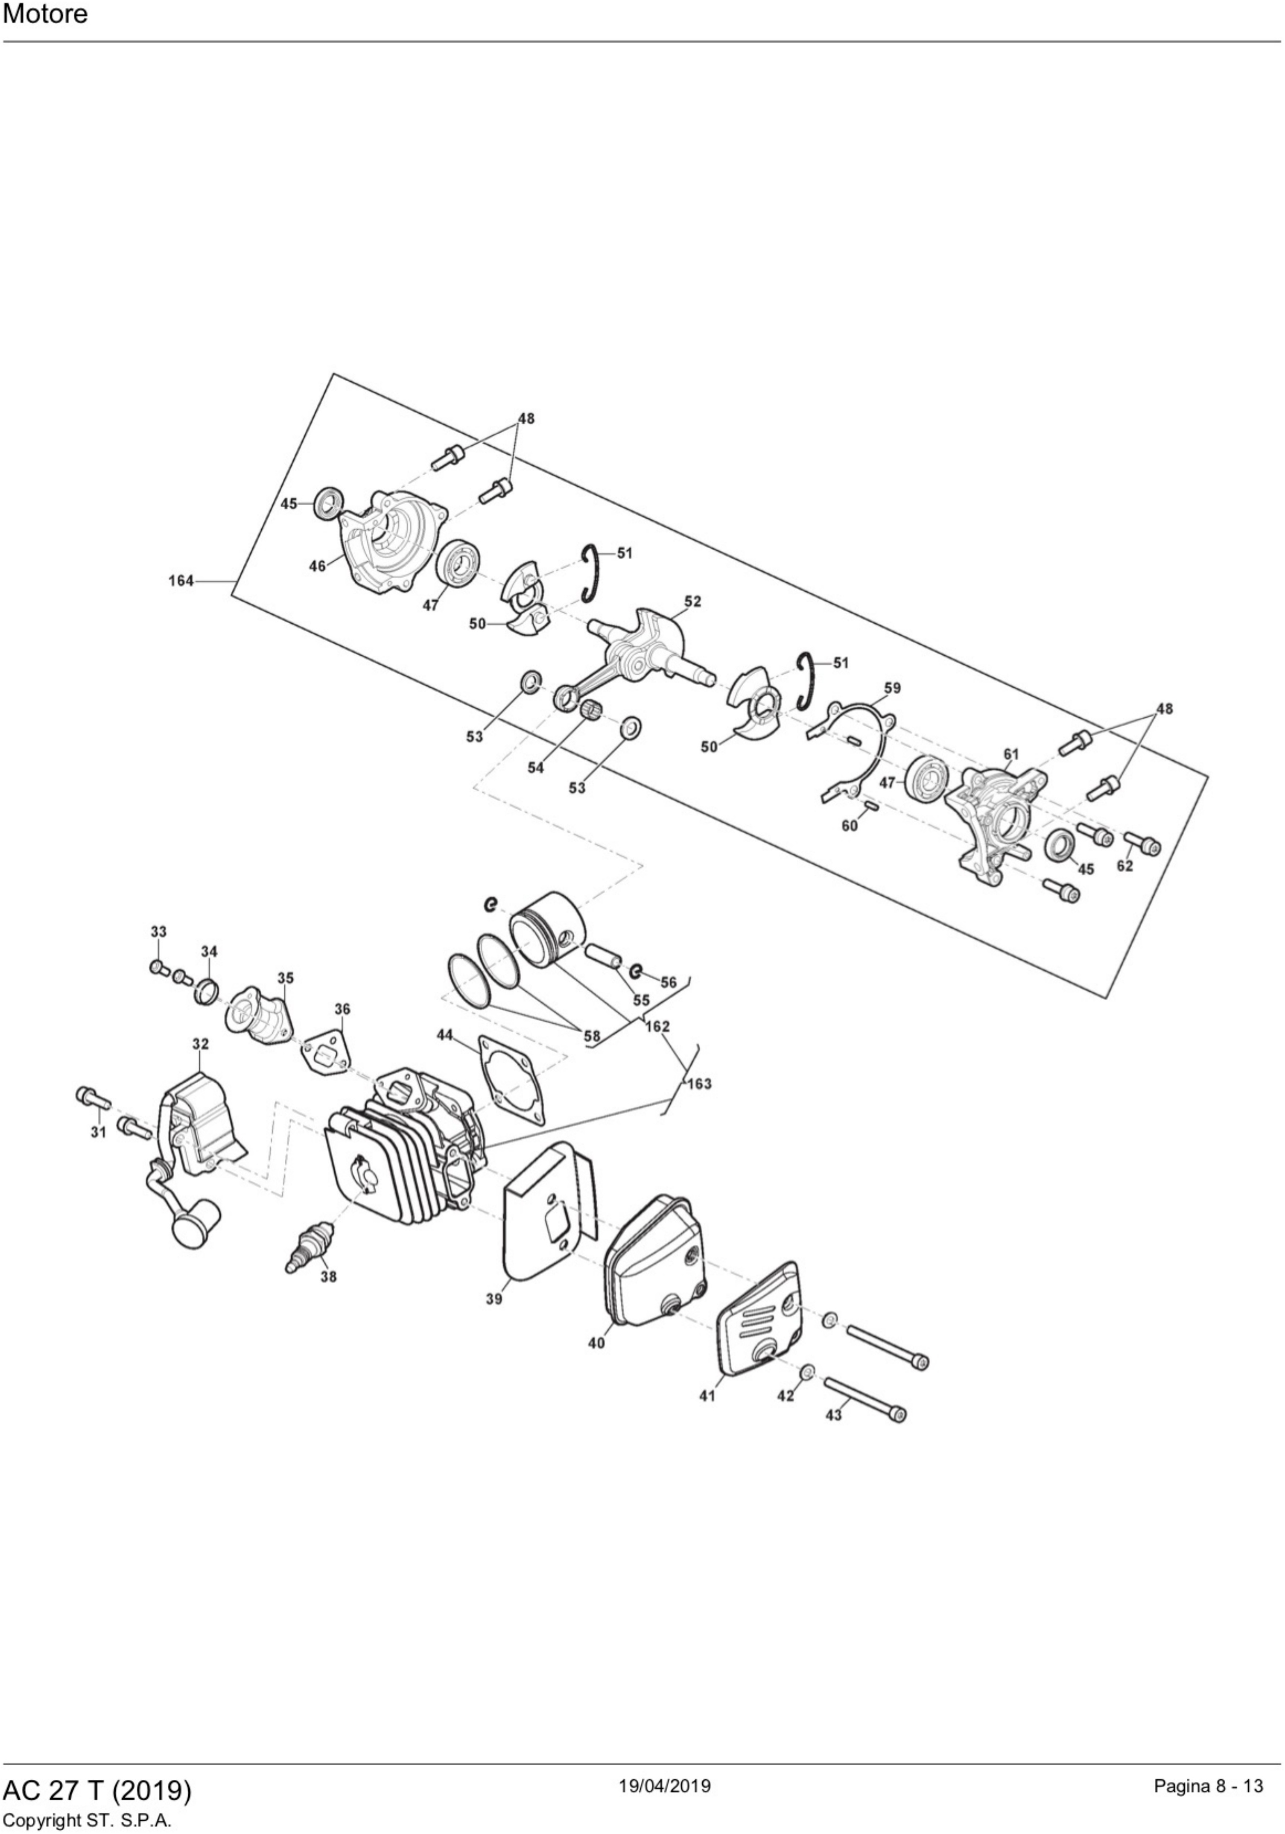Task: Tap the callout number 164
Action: click(181, 581)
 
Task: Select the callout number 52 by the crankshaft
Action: click(692, 601)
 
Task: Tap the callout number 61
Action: click(1011, 754)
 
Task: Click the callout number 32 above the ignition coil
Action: click(201, 1044)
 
